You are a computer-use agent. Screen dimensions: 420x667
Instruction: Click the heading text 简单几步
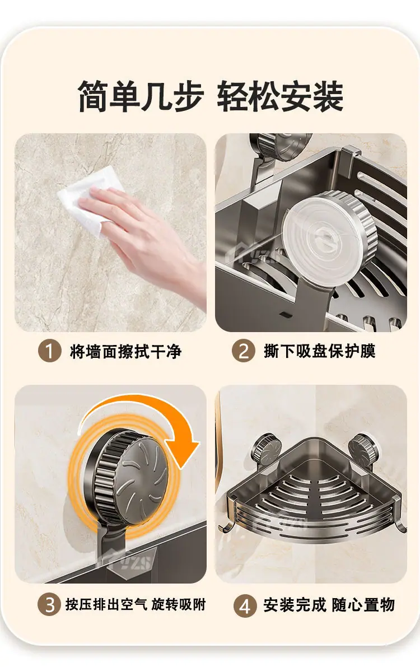(x=141, y=97)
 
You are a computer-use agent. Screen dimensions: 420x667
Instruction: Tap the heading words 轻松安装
(x=280, y=97)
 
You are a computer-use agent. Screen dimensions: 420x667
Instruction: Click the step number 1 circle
(x=49, y=351)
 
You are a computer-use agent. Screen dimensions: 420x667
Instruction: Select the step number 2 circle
(x=244, y=351)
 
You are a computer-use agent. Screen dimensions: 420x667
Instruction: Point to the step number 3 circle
(x=49, y=604)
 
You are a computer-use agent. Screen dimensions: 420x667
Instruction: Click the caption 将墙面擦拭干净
(x=126, y=351)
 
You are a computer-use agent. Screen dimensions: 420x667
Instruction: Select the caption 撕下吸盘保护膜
(x=320, y=351)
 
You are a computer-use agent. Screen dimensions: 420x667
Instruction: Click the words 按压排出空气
(x=106, y=604)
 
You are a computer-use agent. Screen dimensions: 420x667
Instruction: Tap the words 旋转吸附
(x=179, y=604)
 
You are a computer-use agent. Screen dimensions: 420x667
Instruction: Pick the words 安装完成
(x=295, y=604)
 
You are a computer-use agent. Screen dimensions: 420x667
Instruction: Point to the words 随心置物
(x=363, y=604)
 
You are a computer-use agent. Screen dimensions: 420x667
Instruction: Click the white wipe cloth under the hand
(x=85, y=200)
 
